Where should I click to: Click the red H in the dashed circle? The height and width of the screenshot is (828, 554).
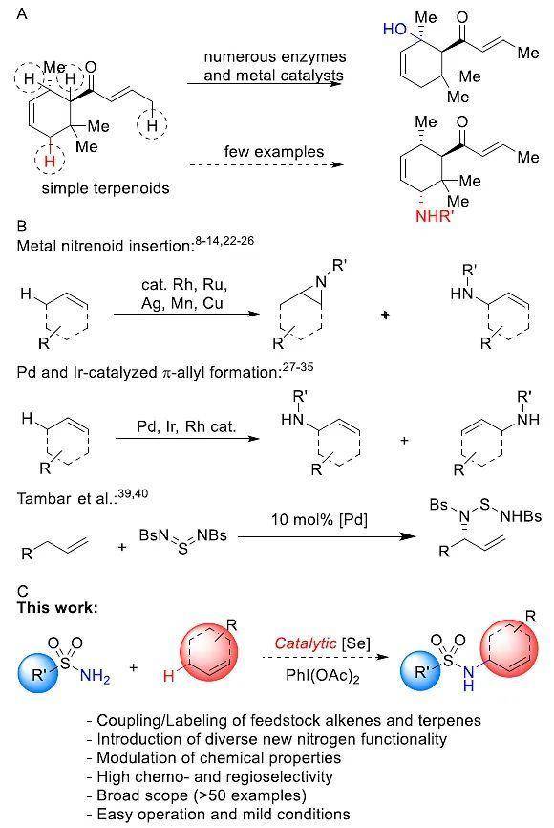coord(50,161)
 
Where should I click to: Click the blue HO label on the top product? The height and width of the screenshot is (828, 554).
coord(394,29)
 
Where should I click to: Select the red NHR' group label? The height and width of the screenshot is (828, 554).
coord(435,216)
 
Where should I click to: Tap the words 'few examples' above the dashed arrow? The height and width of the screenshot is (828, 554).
coord(274,152)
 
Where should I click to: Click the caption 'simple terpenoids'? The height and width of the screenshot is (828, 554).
coord(105,188)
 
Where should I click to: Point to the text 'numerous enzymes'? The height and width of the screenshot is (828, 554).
coord(275,57)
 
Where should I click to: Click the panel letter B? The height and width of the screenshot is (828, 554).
coord(22,226)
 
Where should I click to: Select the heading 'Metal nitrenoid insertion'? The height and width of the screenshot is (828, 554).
coord(105,246)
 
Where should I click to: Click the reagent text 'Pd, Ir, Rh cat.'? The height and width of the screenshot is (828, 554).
coord(185,426)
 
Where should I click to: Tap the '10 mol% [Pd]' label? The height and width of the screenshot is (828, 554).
coord(319,519)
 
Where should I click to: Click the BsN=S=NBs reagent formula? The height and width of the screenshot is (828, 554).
coord(183,539)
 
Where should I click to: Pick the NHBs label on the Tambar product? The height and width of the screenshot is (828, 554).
coord(521,516)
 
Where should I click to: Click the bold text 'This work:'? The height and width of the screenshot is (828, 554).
coord(57,607)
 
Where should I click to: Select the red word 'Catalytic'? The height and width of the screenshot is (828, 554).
coord(306,643)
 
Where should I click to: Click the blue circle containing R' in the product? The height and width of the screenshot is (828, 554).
coord(420,672)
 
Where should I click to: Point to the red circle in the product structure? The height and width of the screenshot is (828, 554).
coord(505,647)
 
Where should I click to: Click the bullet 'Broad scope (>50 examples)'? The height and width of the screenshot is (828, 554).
coord(197,795)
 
